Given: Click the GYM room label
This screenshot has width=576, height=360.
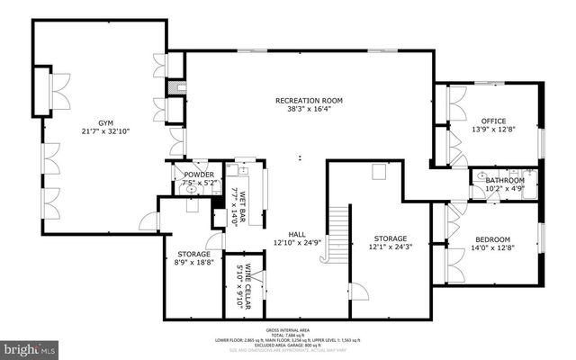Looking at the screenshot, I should [107, 123].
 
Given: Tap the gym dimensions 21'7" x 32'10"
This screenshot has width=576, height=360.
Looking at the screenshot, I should [107, 132].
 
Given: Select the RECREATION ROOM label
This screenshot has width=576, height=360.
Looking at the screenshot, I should [309, 100].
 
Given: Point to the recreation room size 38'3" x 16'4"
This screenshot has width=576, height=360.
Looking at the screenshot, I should [309, 109].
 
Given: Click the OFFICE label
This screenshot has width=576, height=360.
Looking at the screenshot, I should [492, 121].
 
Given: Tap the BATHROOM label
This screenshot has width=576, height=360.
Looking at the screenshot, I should [505, 180].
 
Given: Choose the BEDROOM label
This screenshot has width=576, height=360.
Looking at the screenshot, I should [492, 239].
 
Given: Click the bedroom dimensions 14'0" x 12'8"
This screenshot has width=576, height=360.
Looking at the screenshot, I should [492, 248].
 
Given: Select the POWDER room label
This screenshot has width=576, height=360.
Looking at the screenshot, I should [198, 175].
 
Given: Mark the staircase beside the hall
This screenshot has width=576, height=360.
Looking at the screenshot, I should [337, 232].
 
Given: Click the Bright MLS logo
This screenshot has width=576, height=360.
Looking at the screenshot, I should [30, 346].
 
